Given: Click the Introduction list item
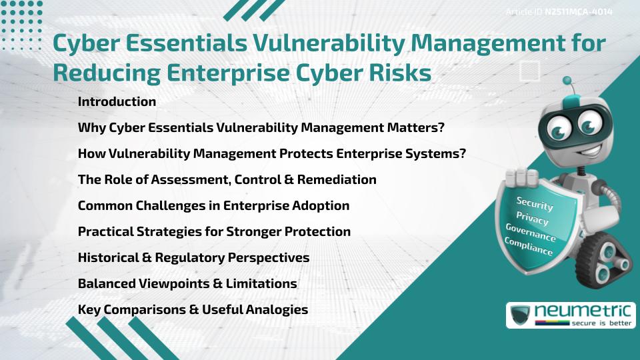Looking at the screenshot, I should click(117, 102).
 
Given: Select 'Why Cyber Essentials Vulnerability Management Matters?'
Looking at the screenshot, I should click(261, 128).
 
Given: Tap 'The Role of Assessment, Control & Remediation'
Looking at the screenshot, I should click(227, 180).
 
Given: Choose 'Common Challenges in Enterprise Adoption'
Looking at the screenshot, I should click(213, 206).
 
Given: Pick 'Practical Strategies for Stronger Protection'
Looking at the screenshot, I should click(214, 232).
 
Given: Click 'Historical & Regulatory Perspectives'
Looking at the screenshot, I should click(193, 258).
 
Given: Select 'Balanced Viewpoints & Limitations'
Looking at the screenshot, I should click(187, 284).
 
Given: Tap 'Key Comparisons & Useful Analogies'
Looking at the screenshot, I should click(193, 310).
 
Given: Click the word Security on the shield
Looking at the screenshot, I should click(535, 203).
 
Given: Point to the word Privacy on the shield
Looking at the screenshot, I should click(532, 219).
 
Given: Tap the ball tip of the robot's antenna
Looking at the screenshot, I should click(568, 81).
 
